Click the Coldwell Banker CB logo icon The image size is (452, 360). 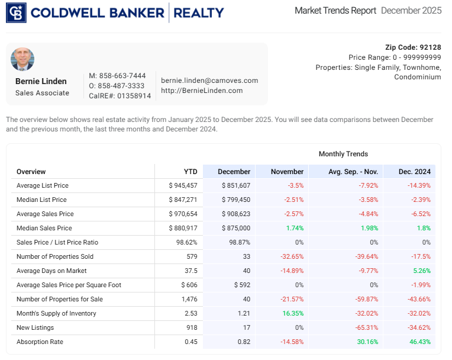tap(16, 12)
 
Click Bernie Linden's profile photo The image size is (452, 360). tap(22, 59)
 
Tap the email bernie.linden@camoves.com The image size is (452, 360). tap(209, 81)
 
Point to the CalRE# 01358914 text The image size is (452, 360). tap(120, 95)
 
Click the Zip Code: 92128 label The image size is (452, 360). tap(413, 47)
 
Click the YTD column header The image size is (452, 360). tap(191, 172)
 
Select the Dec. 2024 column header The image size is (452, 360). tap(414, 172)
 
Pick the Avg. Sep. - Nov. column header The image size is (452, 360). tap(353, 172)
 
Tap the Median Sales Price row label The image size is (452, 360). tap(44, 228)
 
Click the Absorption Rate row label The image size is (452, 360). tap(40, 342)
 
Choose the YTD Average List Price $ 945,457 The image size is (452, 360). tap(183, 185)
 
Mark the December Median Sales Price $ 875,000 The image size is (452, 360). tap(235, 228)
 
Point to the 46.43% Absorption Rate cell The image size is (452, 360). tap(419, 342)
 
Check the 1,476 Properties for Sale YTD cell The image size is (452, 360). tap(188, 299)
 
